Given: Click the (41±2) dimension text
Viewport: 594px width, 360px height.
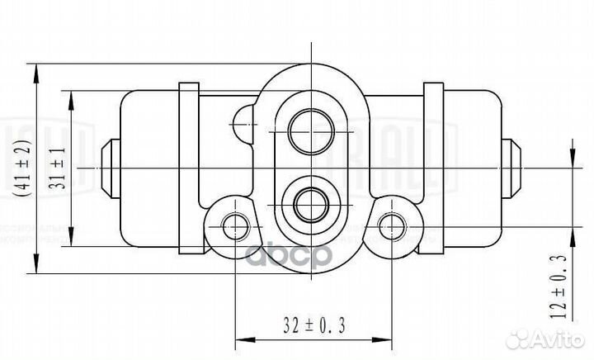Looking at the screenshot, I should (x=24, y=168).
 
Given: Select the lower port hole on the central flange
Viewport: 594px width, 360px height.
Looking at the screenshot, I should (x=311, y=200).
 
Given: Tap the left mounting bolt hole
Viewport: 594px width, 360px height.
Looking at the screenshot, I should (x=235, y=221).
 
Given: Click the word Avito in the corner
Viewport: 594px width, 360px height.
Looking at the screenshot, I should (x=560, y=339).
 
